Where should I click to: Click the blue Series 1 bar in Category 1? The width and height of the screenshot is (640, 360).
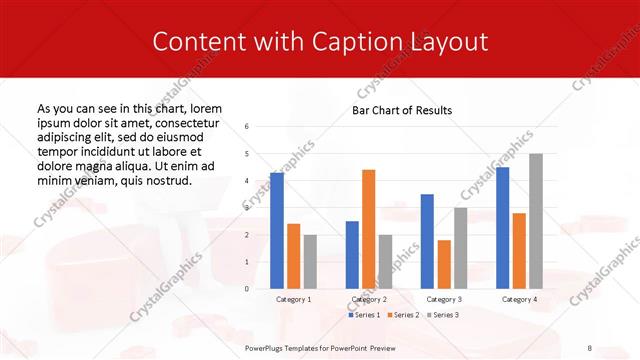coord(277,230)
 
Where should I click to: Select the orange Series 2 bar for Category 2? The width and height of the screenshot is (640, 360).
coord(368,229)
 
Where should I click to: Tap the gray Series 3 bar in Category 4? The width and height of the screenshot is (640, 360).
coord(536,221)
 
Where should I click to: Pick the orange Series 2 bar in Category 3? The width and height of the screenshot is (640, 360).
coord(444,264)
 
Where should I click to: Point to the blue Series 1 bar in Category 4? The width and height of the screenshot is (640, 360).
coord(502,227)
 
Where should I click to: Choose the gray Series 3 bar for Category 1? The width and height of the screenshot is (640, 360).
coord(310,261)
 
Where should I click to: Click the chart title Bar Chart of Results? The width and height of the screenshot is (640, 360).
coord(402,110)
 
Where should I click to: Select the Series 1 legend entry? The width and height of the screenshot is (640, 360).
coord(364,315)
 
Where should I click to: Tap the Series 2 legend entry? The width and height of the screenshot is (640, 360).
coord(403,315)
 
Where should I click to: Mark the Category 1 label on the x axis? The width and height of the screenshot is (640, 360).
coord(293,299)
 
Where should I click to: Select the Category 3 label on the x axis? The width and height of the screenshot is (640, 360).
coord(443,299)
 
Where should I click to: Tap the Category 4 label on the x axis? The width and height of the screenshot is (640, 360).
coord(518,299)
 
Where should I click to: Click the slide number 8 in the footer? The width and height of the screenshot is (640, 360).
coord(590,346)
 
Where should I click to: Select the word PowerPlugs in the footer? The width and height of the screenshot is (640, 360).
coord(268,346)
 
